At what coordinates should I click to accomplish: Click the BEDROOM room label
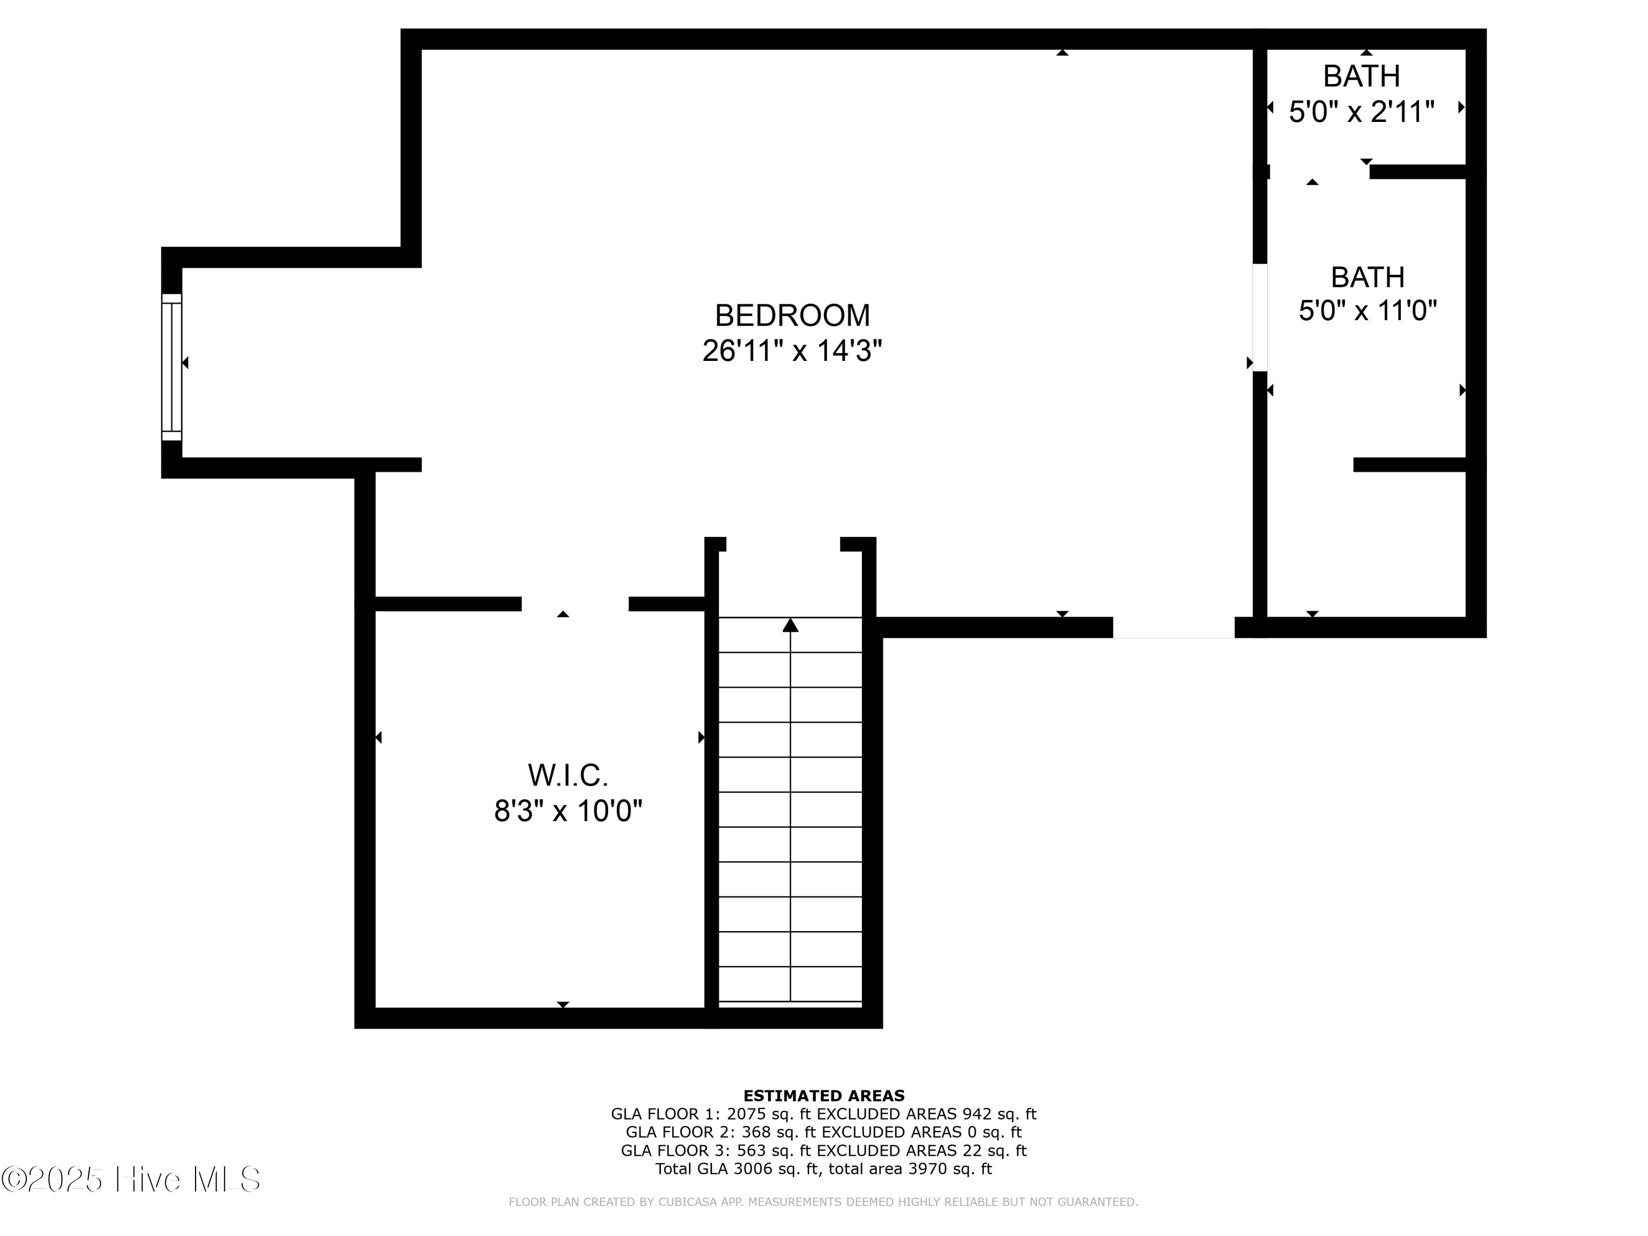coord(792,315)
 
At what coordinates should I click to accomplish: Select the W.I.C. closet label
coord(567,776)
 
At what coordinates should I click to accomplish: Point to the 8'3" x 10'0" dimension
coord(567,811)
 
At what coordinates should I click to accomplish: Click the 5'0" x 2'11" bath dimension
coord(1361,112)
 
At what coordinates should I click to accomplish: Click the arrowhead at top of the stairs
coord(790,625)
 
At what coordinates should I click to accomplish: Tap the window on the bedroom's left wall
coord(171,366)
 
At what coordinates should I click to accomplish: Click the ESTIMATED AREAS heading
coord(823,1096)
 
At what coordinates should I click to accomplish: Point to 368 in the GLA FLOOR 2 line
coord(755,1132)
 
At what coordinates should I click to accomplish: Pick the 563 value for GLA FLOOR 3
coord(751,1151)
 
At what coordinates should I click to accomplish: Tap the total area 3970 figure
coord(927,1169)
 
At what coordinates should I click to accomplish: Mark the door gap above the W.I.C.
coord(575,604)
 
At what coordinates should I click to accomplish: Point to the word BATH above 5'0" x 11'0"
coord(1367,277)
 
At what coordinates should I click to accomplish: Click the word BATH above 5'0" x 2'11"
coord(1361,76)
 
